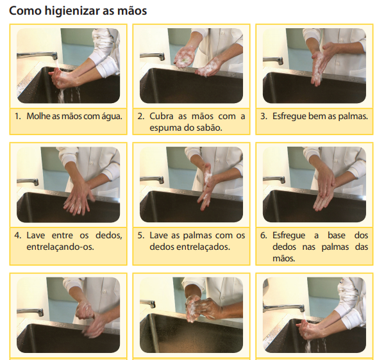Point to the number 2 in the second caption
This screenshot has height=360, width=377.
[141, 116]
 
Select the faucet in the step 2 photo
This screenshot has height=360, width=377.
[152, 56]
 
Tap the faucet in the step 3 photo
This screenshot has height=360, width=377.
[273, 60]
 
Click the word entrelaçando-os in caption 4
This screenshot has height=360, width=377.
[60, 247]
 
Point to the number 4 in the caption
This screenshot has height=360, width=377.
[18, 235]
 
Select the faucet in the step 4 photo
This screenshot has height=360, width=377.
[28, 181]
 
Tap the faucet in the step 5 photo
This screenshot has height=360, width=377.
[152, 179]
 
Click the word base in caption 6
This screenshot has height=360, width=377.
[336, 235]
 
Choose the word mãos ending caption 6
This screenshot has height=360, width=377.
[283, 258]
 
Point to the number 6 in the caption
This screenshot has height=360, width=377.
[264, 235]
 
